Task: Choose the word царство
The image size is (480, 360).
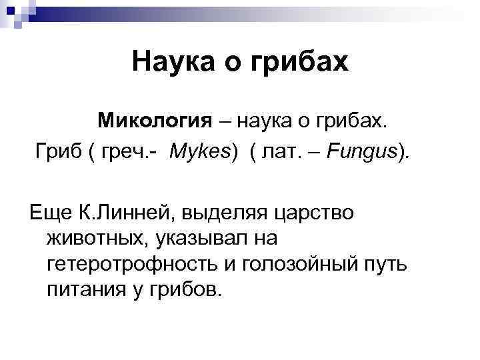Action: pyautogui.click(x=313, y=213)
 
